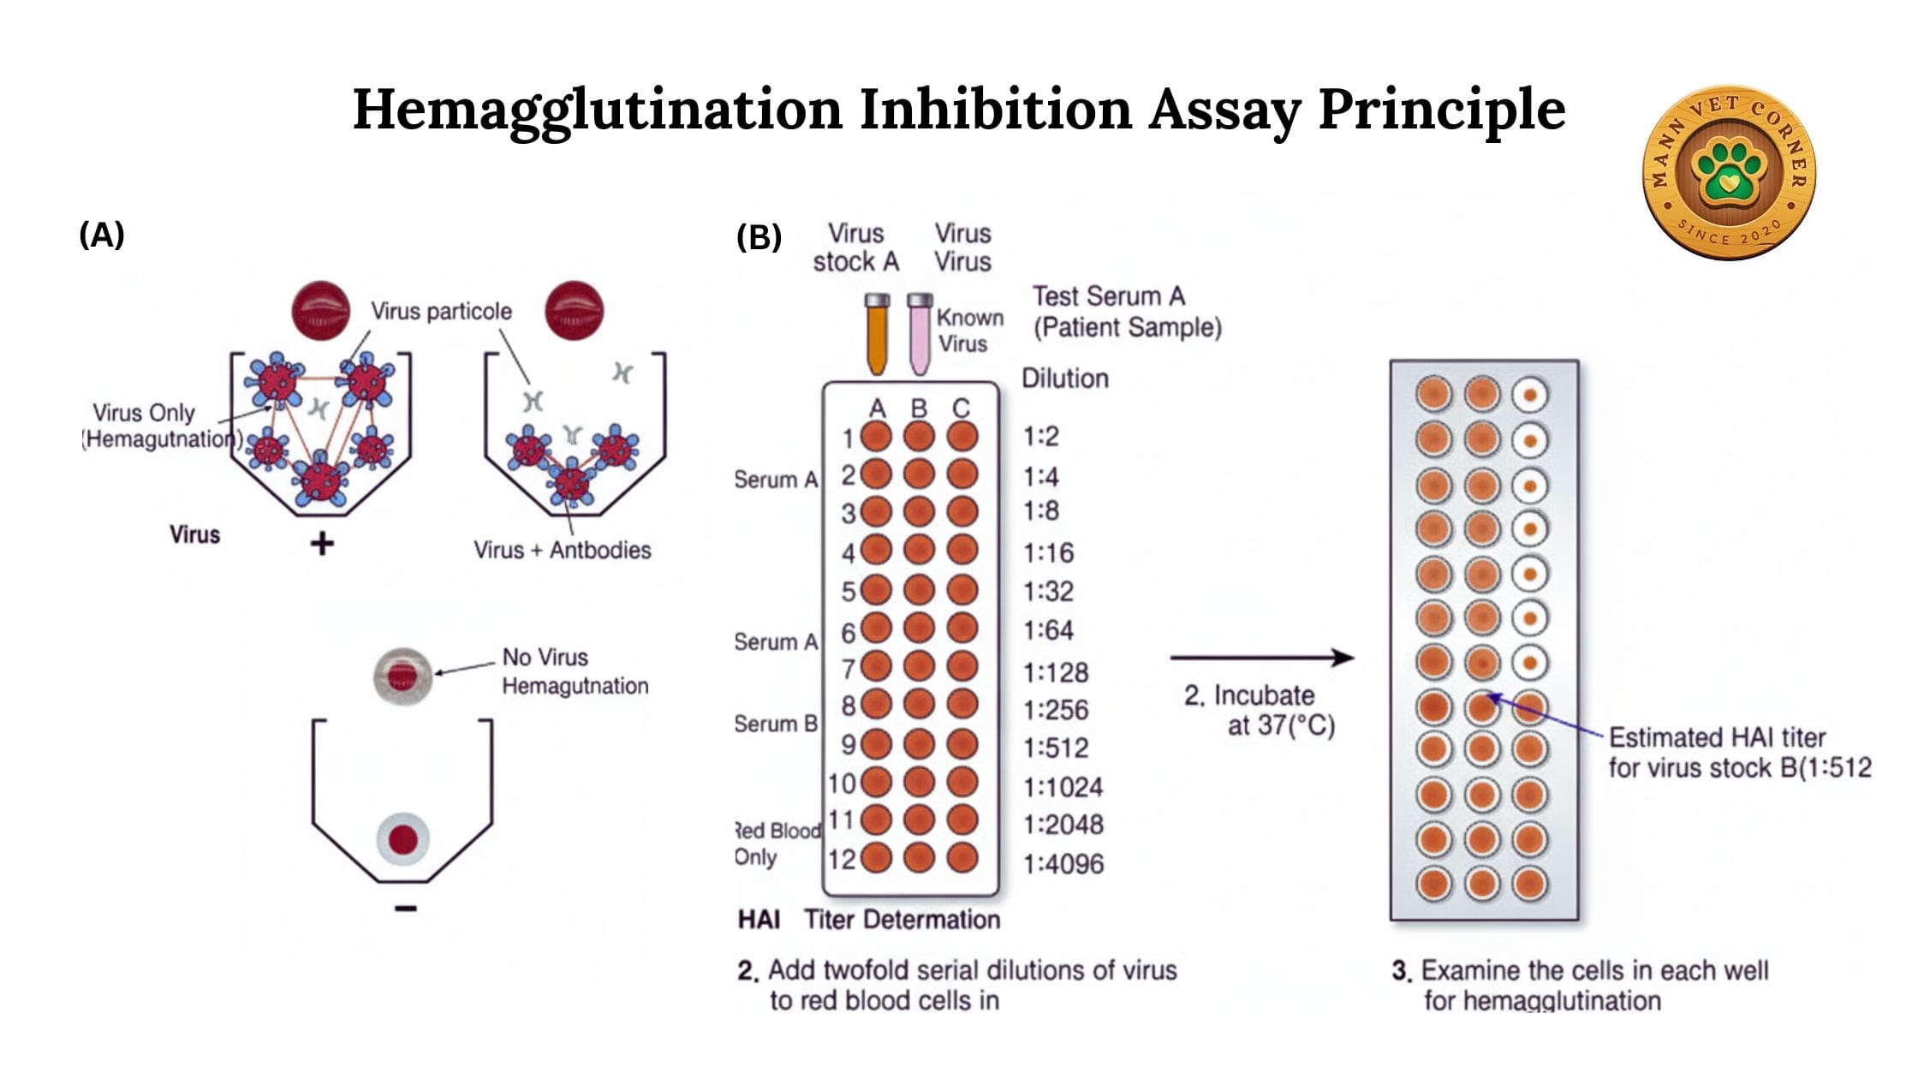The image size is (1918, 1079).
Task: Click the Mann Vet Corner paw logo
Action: point(1729,171)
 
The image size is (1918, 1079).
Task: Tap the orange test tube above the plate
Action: point(877,336)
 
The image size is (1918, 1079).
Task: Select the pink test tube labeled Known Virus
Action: point(920,336)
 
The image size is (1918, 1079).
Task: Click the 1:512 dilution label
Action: point(1056,748)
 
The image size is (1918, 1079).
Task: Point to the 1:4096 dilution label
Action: point(1063,863)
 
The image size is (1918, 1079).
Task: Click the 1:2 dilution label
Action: point(1041,437)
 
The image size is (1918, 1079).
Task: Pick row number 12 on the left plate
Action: point(842,858)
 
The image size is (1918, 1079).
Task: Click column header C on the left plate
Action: point(961,408)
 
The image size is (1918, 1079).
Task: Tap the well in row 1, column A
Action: point(876,437)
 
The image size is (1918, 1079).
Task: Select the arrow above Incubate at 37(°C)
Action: point(1261,658)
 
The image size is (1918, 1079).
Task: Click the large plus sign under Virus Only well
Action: point(322,543)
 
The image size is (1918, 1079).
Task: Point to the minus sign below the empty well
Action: point(406,908)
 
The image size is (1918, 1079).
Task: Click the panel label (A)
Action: point(102,234)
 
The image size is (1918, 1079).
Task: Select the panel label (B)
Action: point(759,237)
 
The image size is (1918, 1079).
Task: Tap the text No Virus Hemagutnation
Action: point(574,671)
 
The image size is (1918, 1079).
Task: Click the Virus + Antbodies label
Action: point(563,550)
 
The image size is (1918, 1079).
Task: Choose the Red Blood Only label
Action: point(777,844)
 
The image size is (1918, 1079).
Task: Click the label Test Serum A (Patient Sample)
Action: point(1126,312)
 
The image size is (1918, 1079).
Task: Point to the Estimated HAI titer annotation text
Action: point(1738,752)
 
